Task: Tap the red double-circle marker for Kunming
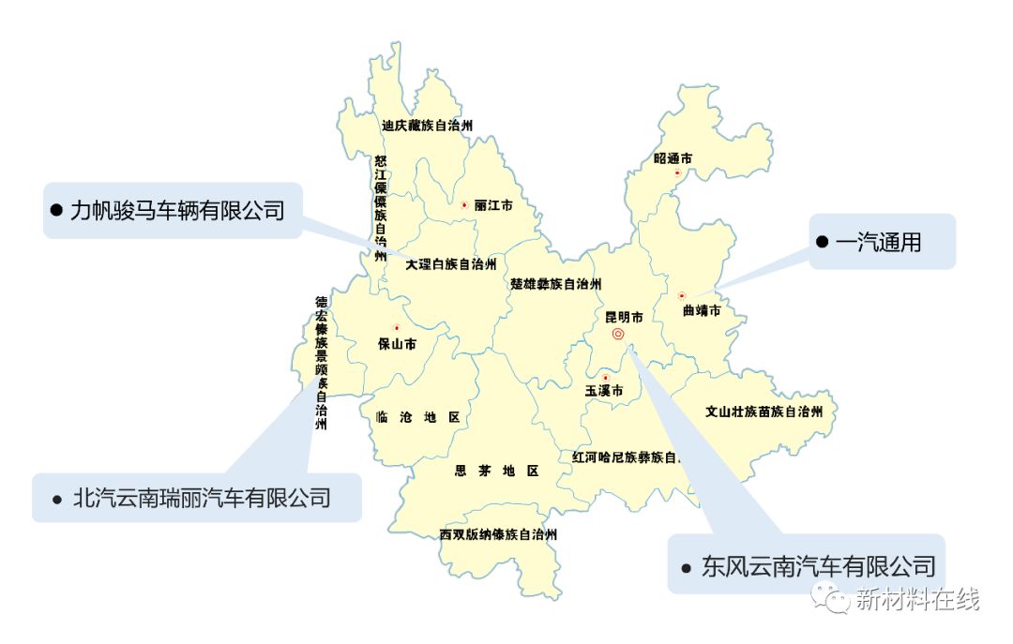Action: (x=618, y=334)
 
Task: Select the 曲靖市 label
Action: (x=702, y=310)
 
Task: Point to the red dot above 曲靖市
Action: (x=682, y=296)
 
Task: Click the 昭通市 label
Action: (x=673, y=158)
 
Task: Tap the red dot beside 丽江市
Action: (x=463, y=204)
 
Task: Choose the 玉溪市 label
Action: (x=604, y=391)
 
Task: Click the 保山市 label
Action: (x=397, y=344)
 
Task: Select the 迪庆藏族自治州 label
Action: (x=427, y=125)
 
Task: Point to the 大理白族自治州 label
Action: (x=451, y=265)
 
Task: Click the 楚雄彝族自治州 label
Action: (x=556, y=284)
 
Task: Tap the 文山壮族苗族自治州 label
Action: (x=764, y=412)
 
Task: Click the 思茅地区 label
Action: (x=496, y=471)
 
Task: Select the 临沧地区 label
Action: (x=417, y=417)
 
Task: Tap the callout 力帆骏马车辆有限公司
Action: (x=177, y=211)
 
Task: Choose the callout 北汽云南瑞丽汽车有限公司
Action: (x=202, y=498)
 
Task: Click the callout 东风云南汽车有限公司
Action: (x=818, y=565)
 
